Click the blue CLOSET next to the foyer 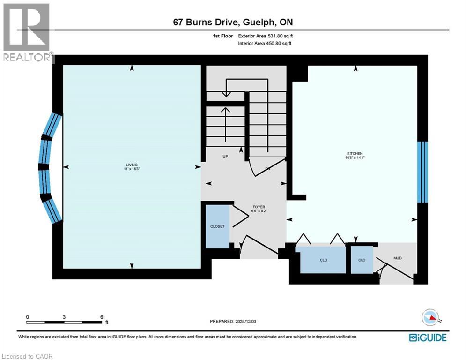[x=217, y=226]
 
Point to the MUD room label [x=398, y=258]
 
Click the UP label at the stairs [x=225, y=157]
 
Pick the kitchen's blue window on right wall [x=422, y=172]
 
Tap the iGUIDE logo [x=427, y=337]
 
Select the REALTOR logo [x=27, y=33]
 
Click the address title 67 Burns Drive [x=233, y=22]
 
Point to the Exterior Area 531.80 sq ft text [x=266, y=36]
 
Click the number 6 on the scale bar [x=102, y=317]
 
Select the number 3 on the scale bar [x=64, y=317]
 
